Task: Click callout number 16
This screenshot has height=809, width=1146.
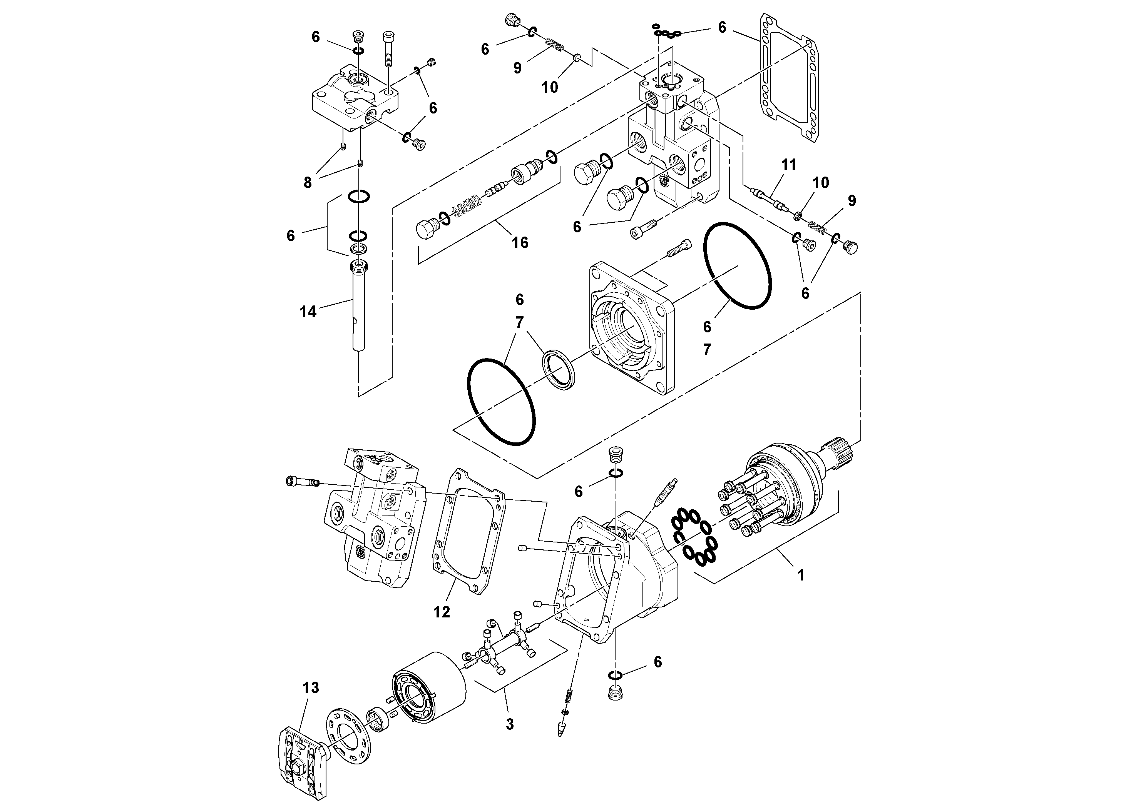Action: (x=520, y=243)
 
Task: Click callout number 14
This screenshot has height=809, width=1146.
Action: (x=308, y=312)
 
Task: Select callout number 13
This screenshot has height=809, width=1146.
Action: (x=310, y=688)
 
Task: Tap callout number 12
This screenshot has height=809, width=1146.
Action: (x=441, y=612)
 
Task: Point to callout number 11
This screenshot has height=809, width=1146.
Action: (x=788, y=165)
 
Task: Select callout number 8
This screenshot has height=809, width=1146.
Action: (x=308, y=183)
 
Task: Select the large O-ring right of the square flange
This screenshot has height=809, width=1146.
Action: (x=737, y=266)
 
